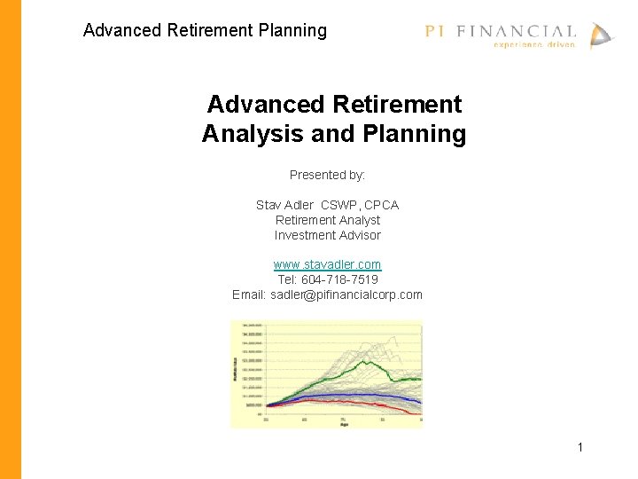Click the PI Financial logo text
[500, 31]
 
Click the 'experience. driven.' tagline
[533, 44]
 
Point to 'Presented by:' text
[327, 175]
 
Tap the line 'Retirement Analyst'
[327, 220]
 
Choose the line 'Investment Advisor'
[327, 235]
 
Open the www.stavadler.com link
[327, 264]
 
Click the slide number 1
[580, 447]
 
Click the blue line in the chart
[354, 395]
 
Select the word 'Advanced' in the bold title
[266, 105]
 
